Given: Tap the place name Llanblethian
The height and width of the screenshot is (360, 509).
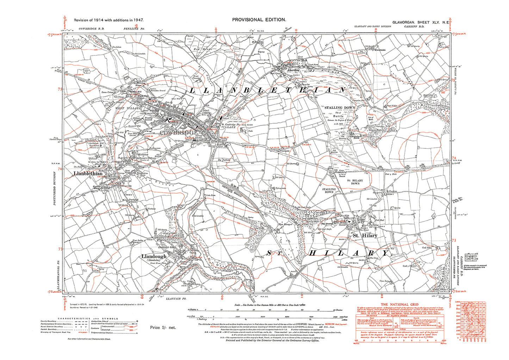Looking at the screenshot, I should [88, 174].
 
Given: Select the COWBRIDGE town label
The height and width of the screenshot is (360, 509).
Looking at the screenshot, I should [178, 132].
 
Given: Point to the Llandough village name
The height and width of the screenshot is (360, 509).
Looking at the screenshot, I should [154, 257].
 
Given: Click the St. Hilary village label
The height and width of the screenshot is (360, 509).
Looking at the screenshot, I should [365, 236].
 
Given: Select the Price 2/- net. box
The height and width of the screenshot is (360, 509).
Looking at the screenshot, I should [163, 327].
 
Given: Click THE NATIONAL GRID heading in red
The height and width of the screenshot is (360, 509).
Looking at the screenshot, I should [399, 304].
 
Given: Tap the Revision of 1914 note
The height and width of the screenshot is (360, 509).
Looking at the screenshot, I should [108, 20].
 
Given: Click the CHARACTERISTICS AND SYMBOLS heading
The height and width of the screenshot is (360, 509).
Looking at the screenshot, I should [91, 318].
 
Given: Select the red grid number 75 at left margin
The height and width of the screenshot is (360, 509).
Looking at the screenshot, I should [60, 89].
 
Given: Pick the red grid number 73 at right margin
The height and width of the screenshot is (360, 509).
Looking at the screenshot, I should [454, 241].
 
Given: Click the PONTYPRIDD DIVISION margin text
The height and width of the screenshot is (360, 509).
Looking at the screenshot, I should [55, 189].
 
